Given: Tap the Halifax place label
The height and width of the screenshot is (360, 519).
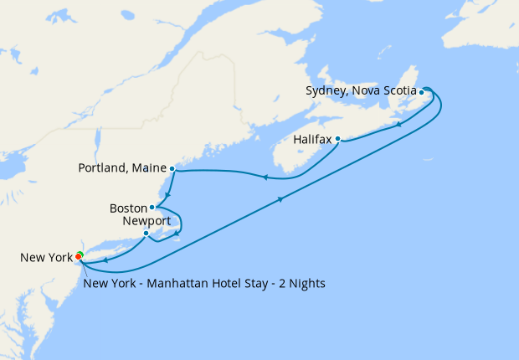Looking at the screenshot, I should (x=313, y=139).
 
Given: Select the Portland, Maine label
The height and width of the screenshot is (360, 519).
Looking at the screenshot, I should (x=121, y=168).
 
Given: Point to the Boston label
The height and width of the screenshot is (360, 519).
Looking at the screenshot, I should (x=127, y=208).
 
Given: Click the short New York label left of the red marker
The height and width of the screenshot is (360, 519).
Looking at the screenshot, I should (x=46, y=258).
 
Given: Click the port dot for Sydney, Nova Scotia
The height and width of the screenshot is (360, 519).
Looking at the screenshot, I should (x=421, y=92).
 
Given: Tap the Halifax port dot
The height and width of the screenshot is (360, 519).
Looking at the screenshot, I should (x=337, y=139).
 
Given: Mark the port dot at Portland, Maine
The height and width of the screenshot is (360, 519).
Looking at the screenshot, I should (x=172, y=168).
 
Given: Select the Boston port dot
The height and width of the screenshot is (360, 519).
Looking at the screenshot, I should (x=152, y=207).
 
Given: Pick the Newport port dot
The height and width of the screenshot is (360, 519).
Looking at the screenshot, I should (x=146, y=233).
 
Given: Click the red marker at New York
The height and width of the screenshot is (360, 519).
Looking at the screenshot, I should (x=78, y=256).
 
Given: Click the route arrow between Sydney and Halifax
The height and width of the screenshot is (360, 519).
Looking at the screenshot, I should (x=398, y=125).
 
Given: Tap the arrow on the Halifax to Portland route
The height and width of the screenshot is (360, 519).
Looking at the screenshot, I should (x=265, y=177).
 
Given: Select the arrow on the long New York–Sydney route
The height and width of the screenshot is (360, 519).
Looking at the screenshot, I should (x=280, y=199).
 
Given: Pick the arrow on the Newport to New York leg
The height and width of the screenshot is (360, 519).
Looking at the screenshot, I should (x=107, y=260).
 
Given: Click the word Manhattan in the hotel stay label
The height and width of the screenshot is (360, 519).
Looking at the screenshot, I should (x=177, y=284).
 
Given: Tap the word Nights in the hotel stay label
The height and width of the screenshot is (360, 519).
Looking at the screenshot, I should (x=306, y=284).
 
